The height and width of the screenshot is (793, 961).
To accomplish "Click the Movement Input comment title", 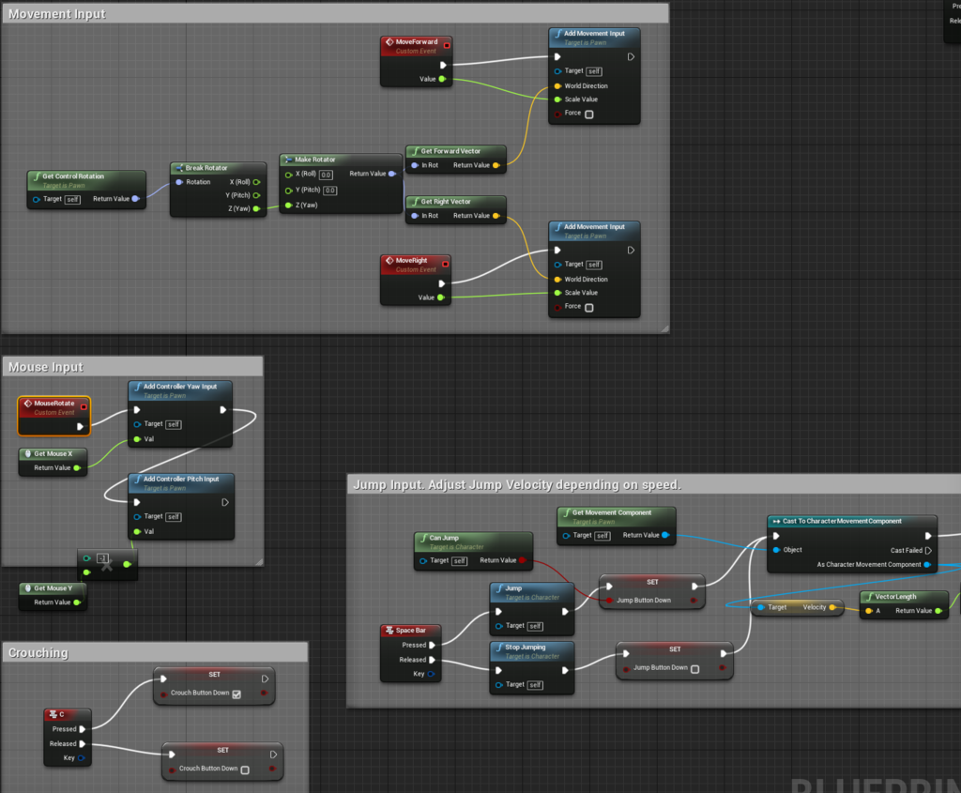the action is click(57, 14).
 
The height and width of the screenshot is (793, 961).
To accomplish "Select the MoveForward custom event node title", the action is click(416, 42).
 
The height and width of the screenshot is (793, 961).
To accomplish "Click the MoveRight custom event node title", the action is click(410, 261).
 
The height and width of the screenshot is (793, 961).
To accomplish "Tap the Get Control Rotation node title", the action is click(73, 176).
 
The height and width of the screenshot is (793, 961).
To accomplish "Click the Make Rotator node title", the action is click(315, 160).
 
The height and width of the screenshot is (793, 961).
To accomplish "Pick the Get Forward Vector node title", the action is click(450, 151).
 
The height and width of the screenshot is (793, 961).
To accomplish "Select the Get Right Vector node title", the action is click(446, 202).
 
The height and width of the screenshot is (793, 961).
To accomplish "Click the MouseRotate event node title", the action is click(53, 404).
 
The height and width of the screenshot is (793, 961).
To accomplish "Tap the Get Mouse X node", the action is click(53, 454).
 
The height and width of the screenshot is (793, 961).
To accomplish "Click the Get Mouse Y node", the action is click(53, 588).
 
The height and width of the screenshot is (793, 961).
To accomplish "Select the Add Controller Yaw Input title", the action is click(180, 387).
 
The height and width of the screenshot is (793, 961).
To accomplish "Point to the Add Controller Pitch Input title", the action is click(181, 480).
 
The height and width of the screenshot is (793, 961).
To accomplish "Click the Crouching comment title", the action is click(38, 653).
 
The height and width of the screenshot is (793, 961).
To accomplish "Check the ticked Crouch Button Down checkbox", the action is click(236, 694).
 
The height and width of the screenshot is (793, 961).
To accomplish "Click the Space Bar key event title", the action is click(411, 631).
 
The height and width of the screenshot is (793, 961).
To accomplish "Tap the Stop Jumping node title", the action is click(526, 648).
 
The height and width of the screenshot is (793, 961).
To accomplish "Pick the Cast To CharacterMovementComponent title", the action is click(842, 522).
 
